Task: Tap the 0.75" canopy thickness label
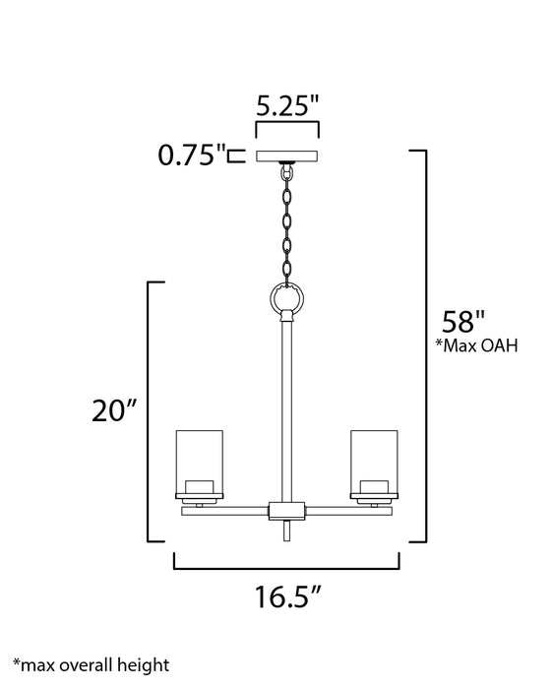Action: point(191,155)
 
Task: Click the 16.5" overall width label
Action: point(286,598)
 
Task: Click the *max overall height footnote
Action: point(92,666)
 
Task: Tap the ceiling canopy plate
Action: point(287,155)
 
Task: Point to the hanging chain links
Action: point(286,221)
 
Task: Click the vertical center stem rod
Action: point(286,413)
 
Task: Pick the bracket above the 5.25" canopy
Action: point(287,128)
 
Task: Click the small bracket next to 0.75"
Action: point(235,155)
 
